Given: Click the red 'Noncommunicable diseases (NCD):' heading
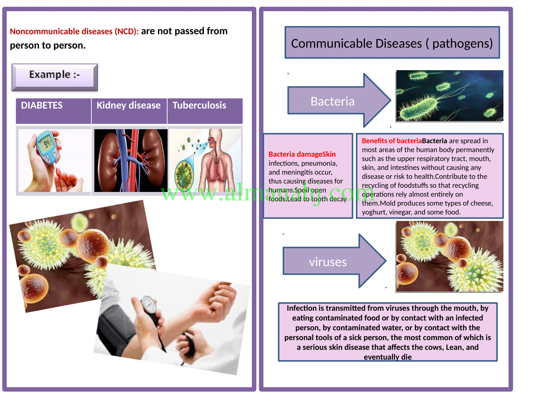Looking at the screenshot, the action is tap(74, 32).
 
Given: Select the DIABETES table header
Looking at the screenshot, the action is tap(42, 106).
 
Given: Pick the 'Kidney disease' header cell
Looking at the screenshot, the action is tap(129, 106).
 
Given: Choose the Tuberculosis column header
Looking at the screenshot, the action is tap(199, 106).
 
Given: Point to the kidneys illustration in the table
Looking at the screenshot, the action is tap(130, 160).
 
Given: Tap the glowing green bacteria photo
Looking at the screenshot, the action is tap(450, 95).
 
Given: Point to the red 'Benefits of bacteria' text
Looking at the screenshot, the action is tap(392, 141).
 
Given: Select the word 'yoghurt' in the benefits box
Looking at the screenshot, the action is tap(374, 212).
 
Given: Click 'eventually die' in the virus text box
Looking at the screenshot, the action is tap(388, 357).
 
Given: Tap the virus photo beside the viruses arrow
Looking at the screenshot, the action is tap(450, 256).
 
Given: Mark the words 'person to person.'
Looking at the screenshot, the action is tap(48, 46).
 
